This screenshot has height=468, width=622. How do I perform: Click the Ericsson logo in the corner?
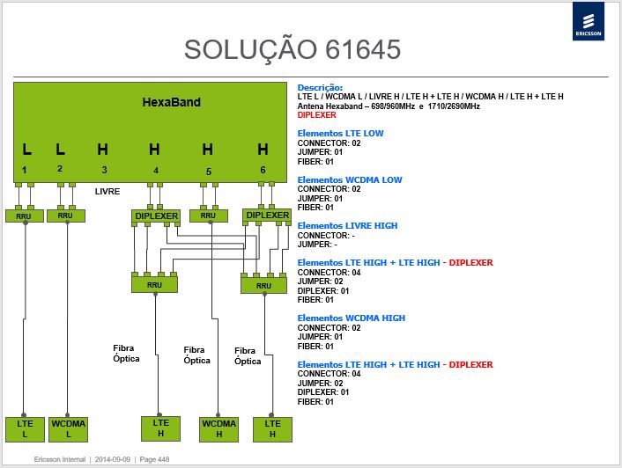589,21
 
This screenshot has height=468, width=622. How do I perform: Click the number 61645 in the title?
363,49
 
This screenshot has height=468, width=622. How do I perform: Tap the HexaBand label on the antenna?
172,102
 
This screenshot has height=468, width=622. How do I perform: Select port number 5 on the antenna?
209,172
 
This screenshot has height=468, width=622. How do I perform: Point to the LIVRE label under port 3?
107,191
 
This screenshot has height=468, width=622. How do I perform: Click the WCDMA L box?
68,429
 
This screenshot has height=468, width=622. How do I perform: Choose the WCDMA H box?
219,429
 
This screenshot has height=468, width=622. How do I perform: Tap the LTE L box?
25,429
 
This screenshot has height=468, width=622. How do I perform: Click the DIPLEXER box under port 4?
156,216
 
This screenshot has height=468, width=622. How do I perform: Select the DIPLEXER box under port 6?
267,216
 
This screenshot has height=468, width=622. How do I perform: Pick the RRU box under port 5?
209,216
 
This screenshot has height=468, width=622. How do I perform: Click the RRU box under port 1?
24,216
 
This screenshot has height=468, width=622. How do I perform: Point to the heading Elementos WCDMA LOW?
350,179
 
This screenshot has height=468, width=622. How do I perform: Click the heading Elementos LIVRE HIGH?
347,226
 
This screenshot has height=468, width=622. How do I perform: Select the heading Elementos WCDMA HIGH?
351,318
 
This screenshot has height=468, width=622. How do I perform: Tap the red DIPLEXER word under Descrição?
316,115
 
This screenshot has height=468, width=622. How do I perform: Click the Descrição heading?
320,87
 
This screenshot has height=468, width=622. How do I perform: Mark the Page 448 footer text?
154,459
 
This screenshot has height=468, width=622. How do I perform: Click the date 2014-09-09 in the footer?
112,459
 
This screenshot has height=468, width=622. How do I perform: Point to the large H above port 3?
103,150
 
